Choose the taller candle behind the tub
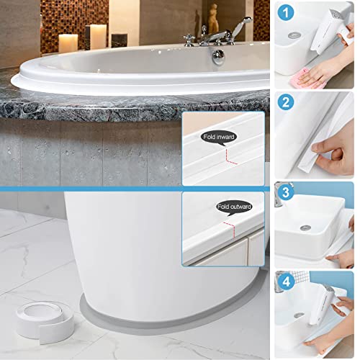coord(96,36)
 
